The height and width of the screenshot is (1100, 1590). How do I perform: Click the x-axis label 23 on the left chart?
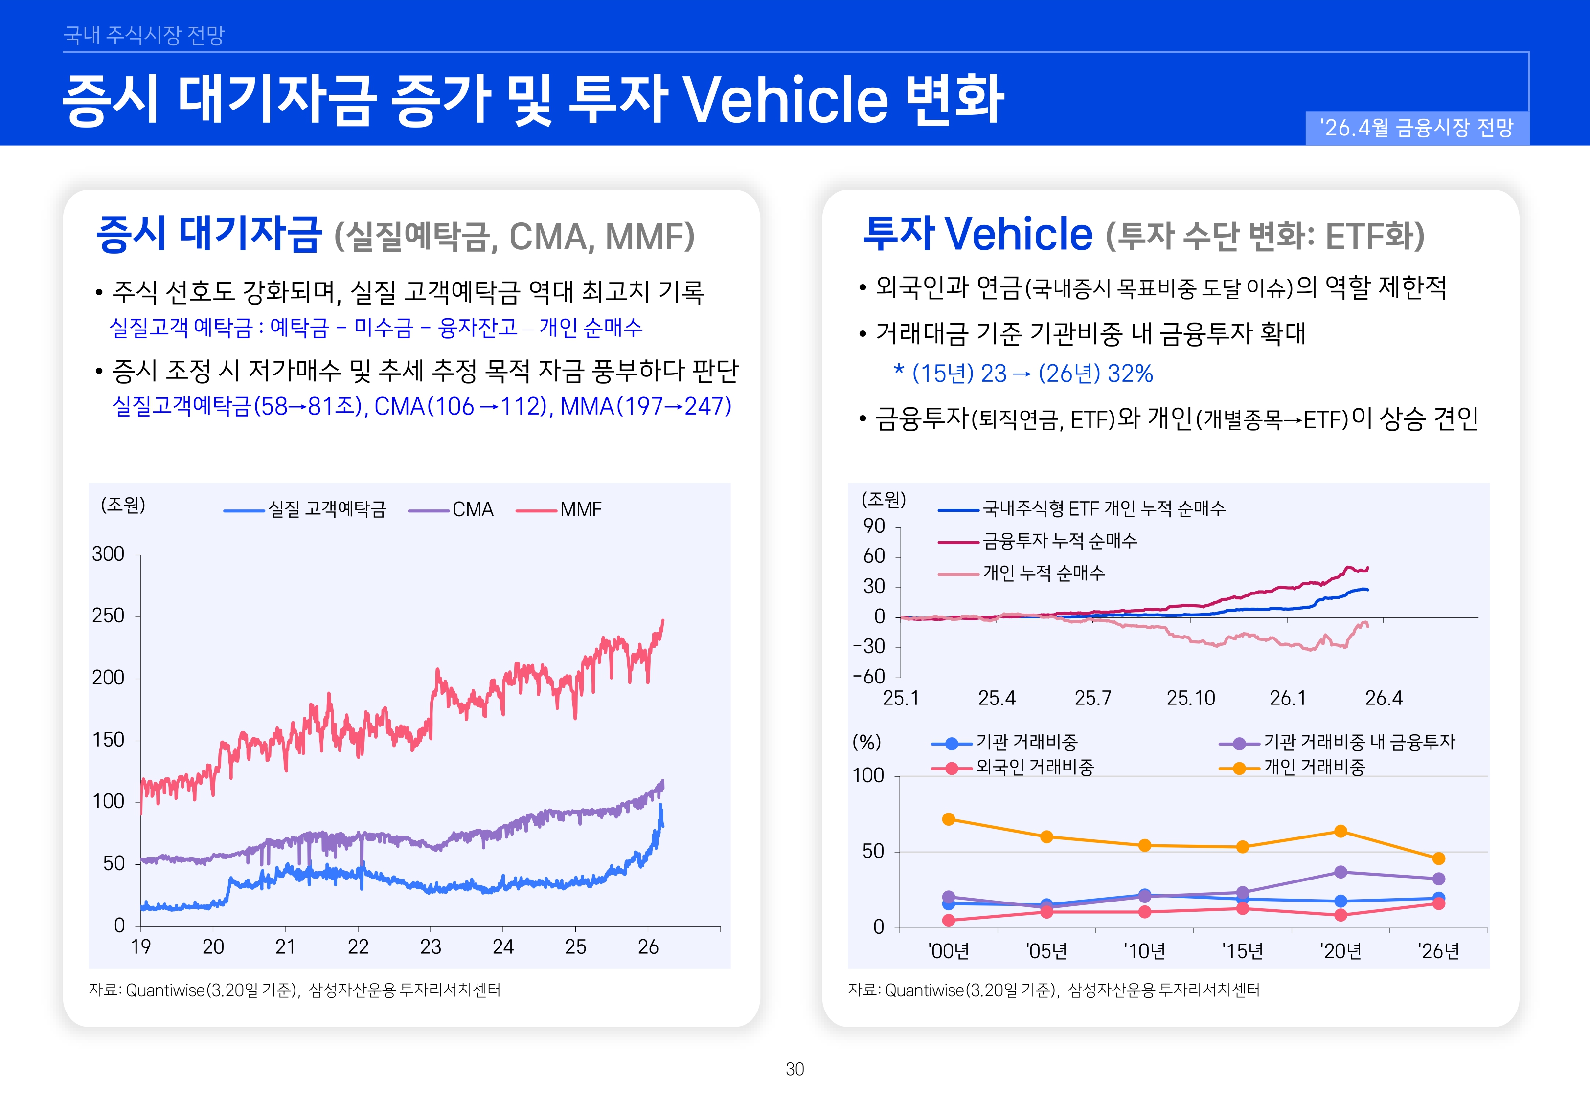(x=430, y=947)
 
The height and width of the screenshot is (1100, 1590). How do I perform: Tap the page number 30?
(x=795, y=1069)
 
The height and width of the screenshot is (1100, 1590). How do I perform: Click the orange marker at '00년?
(x=948, y=819)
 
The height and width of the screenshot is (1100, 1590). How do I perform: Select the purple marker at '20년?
(x=1340, y=872)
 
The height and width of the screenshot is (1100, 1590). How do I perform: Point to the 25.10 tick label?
(x=1190, y=698)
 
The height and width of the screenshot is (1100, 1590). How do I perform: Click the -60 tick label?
(x=869, y=677)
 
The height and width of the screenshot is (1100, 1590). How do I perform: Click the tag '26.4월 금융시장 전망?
(x=1416, y=128)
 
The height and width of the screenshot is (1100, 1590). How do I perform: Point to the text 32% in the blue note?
(x=1130, y=374)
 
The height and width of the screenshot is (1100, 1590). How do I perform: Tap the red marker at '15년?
(x=1243, y=909)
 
